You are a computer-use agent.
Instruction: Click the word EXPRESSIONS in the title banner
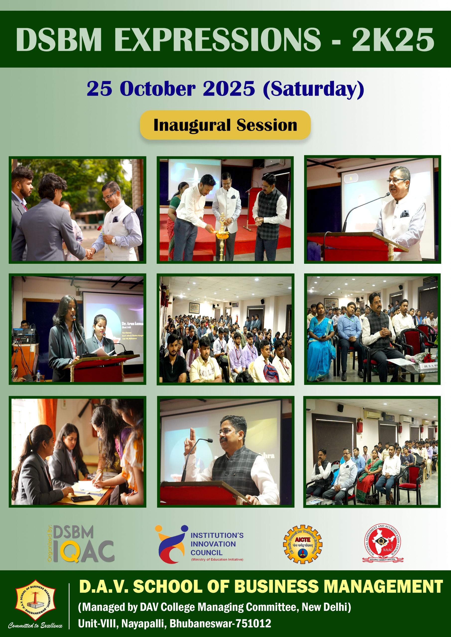[217, 39]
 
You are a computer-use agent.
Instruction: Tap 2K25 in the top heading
[393, 39]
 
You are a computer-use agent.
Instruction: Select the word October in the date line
[157, 89]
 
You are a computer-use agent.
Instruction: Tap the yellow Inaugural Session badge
[225, 125]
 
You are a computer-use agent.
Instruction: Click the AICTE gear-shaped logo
[302, 544]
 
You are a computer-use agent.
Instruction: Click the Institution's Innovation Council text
[217, 544]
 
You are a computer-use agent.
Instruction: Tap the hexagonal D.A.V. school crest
[35, 600]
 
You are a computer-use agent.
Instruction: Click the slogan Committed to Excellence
[35, 625]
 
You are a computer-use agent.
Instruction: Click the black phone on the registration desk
[82, 499]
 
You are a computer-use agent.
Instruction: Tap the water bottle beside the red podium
[38, 376]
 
